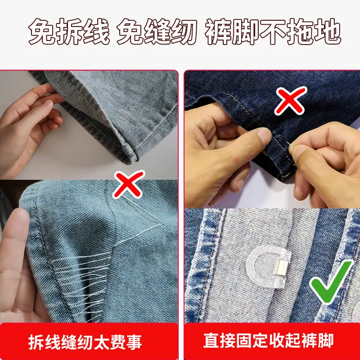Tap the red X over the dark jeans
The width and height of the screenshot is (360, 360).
(291, 100)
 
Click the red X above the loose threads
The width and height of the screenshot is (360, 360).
(129, 184)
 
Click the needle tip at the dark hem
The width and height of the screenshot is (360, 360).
(288, 143)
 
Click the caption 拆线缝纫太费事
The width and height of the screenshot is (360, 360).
(85, 342)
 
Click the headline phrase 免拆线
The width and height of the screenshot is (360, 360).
(69, 31)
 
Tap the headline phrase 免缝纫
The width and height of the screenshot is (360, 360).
(157, 31)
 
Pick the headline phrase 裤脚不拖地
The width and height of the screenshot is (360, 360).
(273, 31)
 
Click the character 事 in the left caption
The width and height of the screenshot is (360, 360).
(134, 342)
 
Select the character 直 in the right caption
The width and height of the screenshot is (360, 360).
(211, 341)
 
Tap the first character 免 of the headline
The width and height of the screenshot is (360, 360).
(41, 31)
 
